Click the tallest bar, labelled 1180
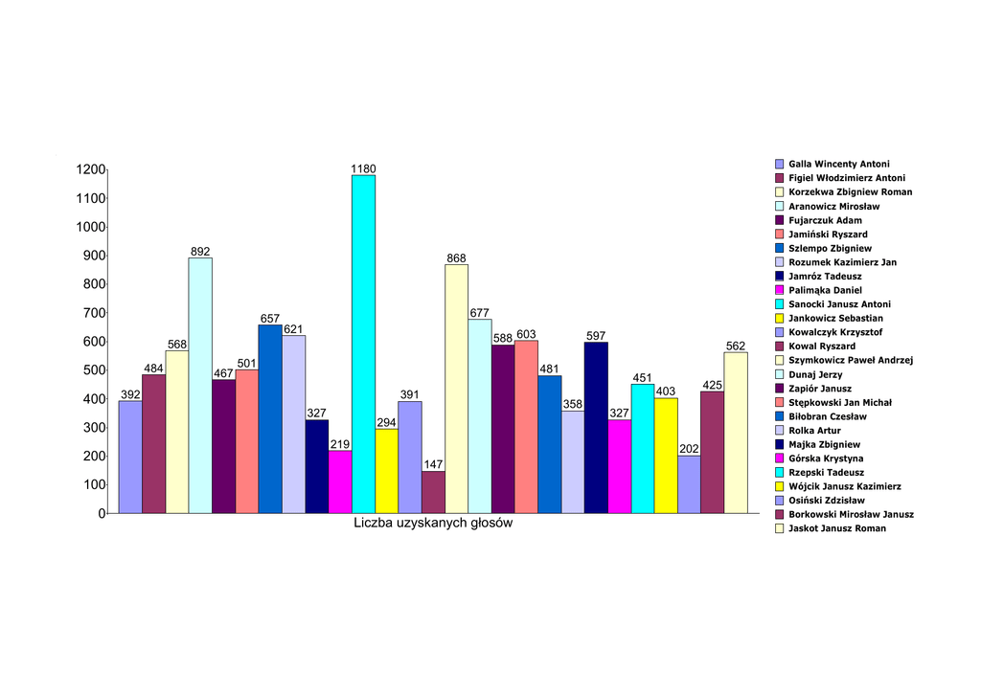[363, 345]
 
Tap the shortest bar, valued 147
[433, 492]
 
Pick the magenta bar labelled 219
[340, 482]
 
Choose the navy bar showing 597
[596, 428]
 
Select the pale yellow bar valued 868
[456, 389]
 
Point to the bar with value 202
[689, 484]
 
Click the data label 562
[736, 346]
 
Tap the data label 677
[480, 313]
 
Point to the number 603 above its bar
[526, 334]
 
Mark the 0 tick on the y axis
[102, 514]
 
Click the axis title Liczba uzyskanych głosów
[433, 525]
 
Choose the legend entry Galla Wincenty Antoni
[838, 164]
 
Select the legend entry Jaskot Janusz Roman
[836, 528]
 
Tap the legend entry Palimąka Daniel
[825, 290]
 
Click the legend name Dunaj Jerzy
[815, 374]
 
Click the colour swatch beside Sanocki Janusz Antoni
[780, 304]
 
